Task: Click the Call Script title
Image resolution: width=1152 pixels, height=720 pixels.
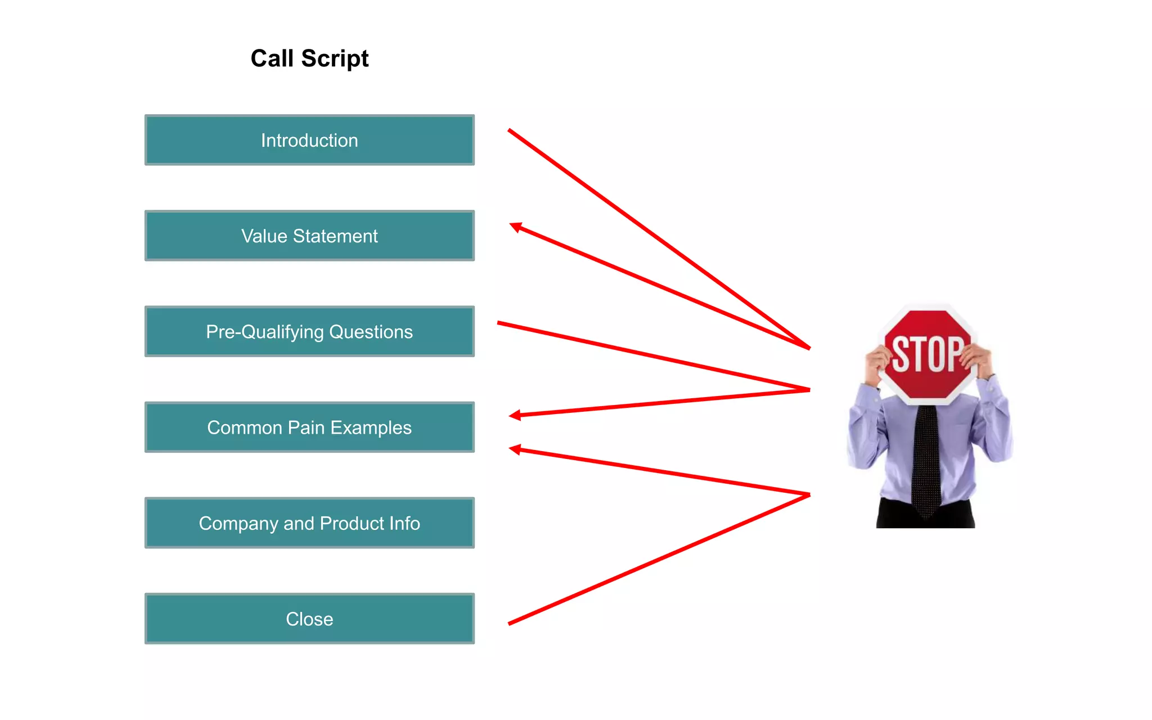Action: pyautogui.click(x=309, y=58)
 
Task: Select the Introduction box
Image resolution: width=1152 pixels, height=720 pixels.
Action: pyautogui.click(x=309, y=140)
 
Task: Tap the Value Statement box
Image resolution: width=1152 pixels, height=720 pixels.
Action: pyautogui.click(x=309, y=236)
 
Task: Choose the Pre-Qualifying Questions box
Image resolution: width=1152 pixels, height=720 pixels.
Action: pyautogui.click(x=309, y=331)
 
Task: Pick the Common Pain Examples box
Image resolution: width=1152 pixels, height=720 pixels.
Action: pyautogui.click(x=309, y=427)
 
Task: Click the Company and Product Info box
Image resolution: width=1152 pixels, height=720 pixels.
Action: pyautogui.click(x=309, y=523)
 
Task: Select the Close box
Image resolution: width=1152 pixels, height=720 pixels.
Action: pyautogui.click(x=309, y=618)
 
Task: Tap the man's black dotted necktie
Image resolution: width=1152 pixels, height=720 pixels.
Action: pyautogui.click(x=926, y=456)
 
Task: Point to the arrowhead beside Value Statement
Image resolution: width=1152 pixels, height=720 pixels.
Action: pyautogui.click(x=515, y=227)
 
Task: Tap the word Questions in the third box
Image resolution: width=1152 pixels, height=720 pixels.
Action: pyautogui.click(x=371, y=332)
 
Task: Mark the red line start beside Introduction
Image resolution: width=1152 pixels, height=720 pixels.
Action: pyautogui.click(x=510, y=130)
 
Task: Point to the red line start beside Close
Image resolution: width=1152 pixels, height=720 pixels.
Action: pyautogui.click(x=510, y=623)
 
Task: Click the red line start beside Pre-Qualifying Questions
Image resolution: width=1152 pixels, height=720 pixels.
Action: pyautogui.click(x=499, y=323)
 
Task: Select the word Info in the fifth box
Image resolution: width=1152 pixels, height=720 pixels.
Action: pyautogui.click(x=404, y=523)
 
